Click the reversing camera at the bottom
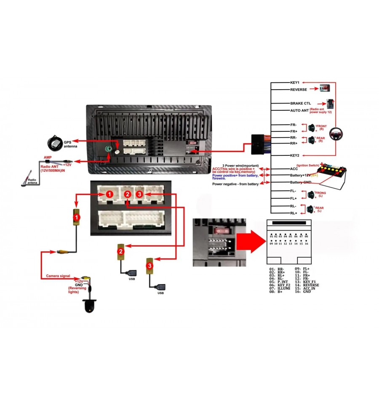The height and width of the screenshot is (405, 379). point(89,305)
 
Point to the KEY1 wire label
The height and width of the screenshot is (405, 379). point(294,83)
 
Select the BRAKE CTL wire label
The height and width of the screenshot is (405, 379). point(302,103)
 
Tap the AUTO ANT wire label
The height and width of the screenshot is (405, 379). point(300,110)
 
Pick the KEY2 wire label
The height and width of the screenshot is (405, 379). point(294,155)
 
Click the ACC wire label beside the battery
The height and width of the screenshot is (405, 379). point(294,169)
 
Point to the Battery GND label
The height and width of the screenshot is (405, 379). point(301,182)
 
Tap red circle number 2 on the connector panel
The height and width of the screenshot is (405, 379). point(127,194)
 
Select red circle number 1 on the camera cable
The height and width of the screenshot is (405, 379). point(76,216)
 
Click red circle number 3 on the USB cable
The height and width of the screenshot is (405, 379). point(149,266)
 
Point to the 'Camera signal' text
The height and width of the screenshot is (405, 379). point(59,276)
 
